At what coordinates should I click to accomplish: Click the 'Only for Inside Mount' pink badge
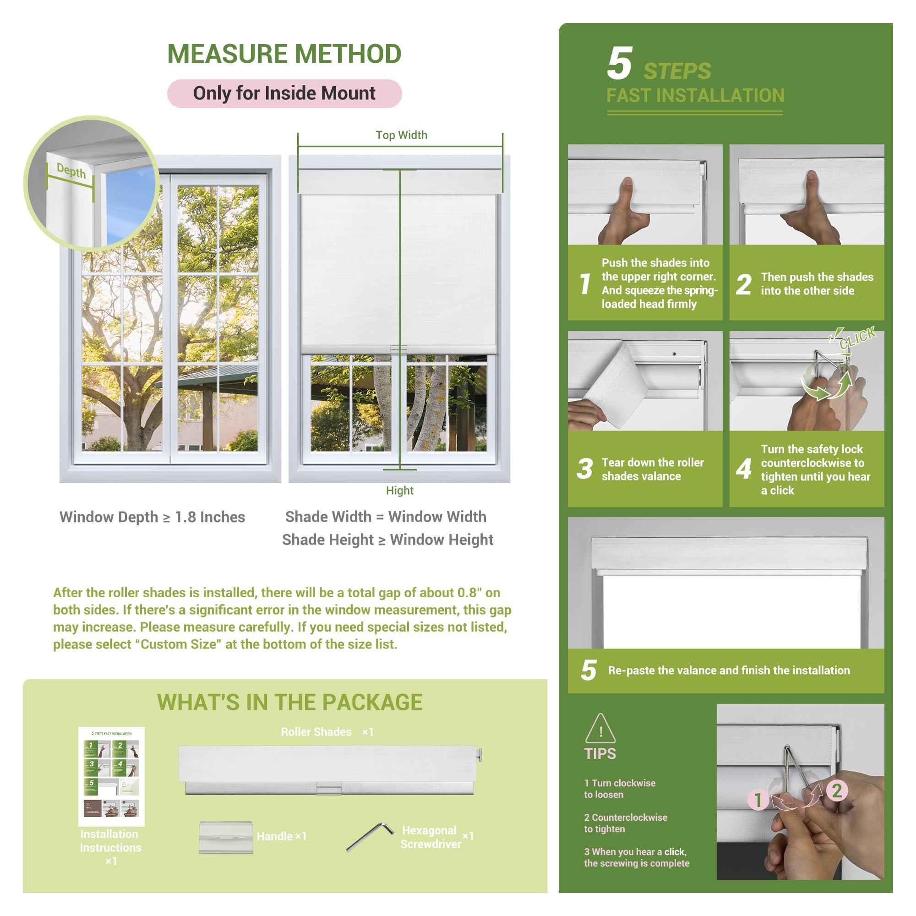284,93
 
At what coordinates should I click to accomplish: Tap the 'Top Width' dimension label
401,135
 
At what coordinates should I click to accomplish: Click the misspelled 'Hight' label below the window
399,490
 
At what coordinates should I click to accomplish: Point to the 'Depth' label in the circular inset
71,171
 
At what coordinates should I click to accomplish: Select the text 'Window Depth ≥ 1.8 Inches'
152,517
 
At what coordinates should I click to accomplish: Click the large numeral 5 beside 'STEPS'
619,64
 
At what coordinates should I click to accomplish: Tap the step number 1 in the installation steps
585,284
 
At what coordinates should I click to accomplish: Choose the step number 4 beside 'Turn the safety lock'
744,469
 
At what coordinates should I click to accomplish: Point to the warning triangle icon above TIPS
600,729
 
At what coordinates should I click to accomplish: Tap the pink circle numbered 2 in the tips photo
836,791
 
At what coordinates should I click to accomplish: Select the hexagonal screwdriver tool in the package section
369,837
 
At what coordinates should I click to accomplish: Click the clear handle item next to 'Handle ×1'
226,837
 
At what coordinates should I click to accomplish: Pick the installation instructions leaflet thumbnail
111,776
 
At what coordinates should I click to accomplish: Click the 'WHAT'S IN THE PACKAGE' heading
290,702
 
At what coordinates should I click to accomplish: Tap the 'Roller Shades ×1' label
327,732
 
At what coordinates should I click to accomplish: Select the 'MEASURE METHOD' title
284,54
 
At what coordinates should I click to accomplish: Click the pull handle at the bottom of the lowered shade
399,350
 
